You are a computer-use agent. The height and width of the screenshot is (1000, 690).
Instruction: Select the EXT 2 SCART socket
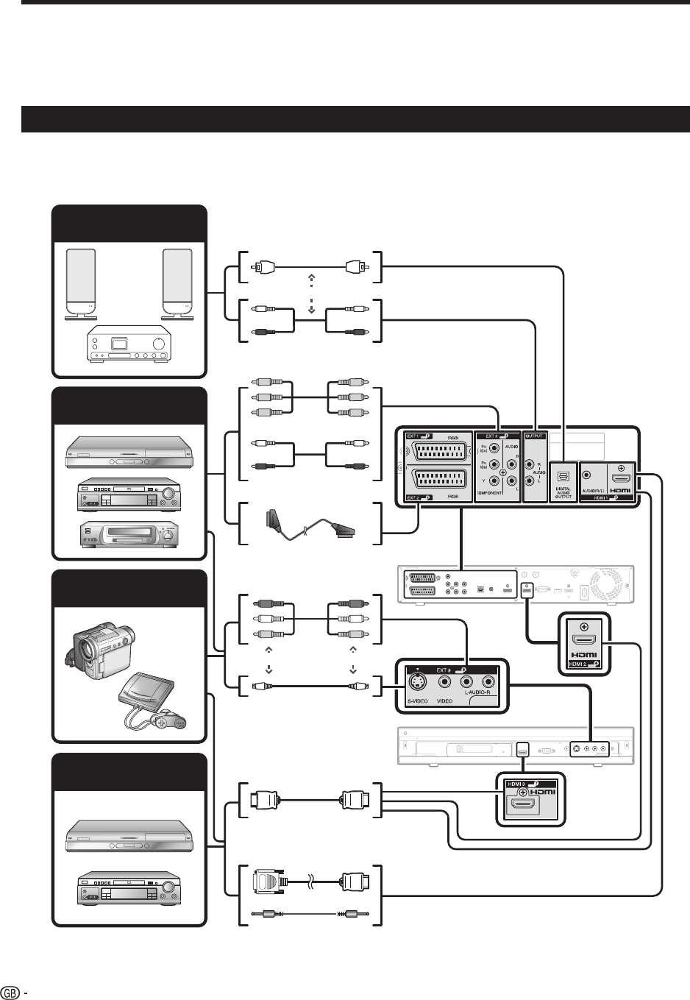(436, 484)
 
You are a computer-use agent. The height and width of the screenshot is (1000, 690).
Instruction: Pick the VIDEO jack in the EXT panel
(445, 681)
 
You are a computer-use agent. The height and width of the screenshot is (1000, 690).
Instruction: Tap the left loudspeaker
(81, 284)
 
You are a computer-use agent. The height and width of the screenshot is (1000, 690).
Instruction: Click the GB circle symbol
(11, 990)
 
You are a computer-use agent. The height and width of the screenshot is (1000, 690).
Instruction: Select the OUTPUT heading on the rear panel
(534, 436)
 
